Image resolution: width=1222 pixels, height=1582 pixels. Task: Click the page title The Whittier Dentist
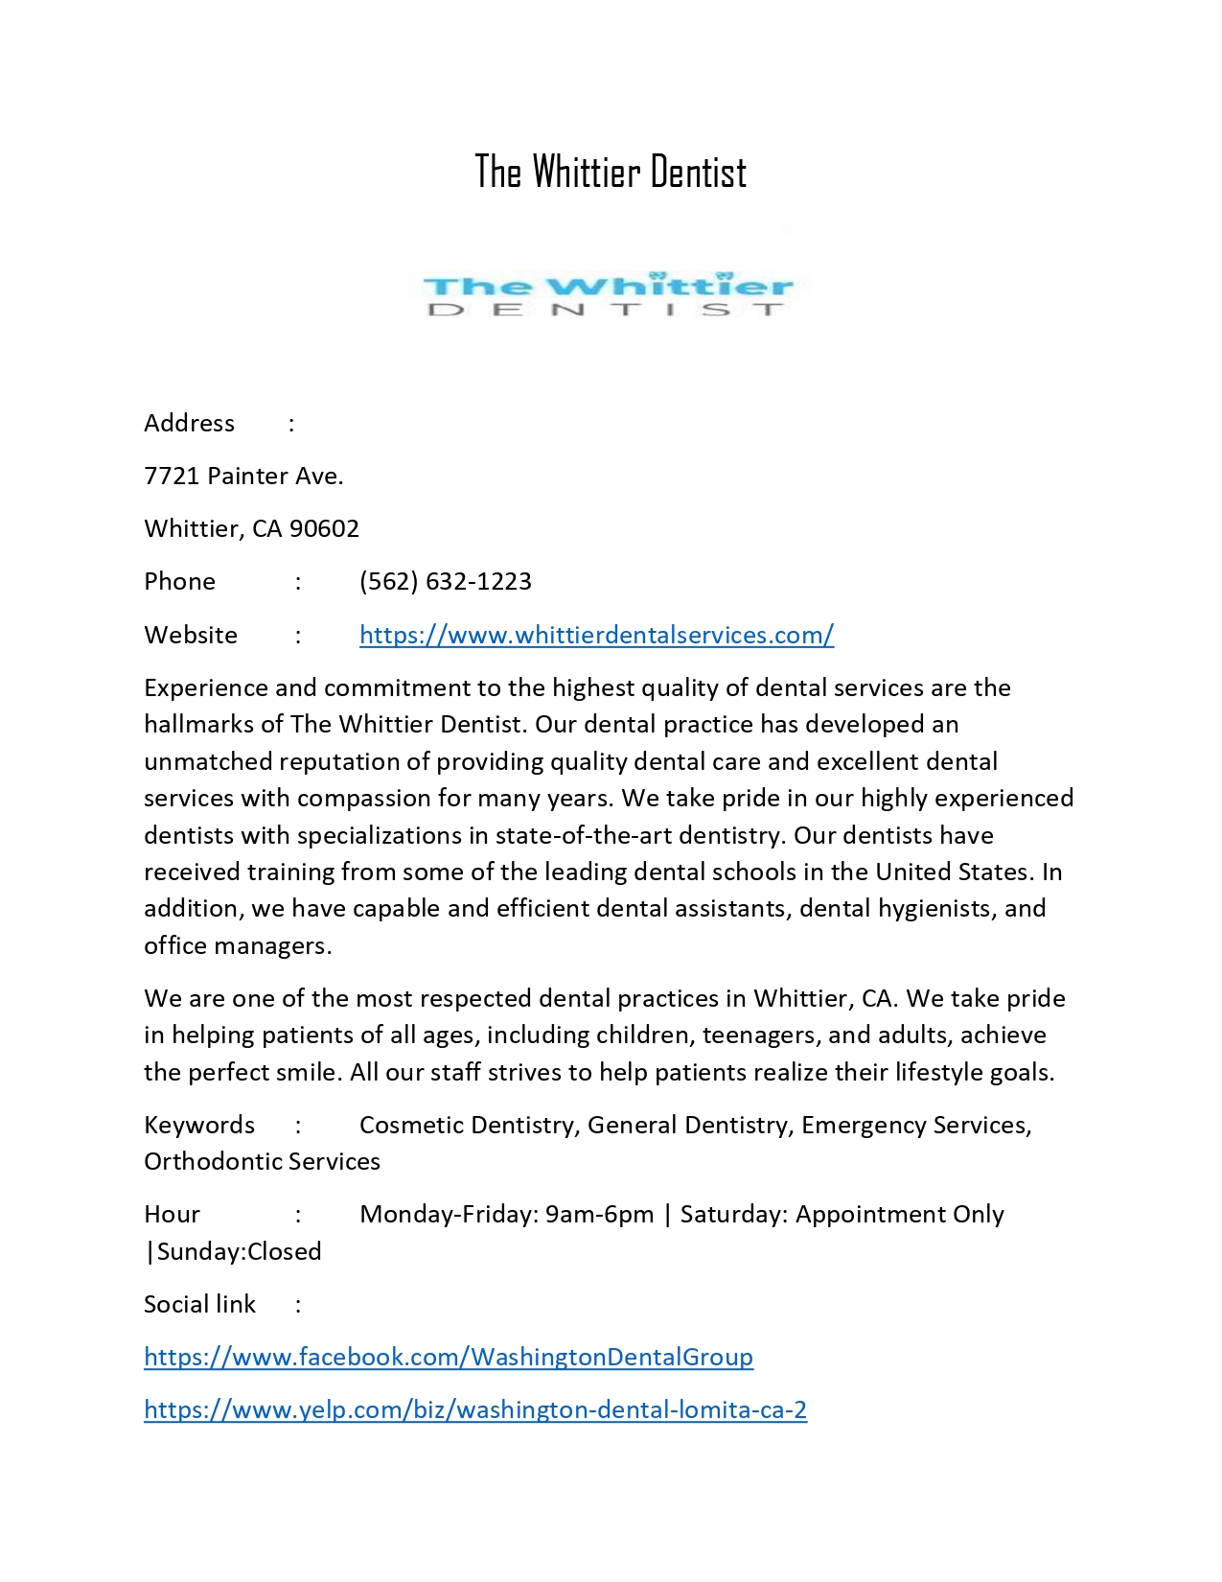(x=611, y=173)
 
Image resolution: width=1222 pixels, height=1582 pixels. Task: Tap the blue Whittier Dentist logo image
(x=609, y=293)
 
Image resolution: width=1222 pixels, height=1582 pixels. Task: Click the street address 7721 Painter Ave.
(x=243, y=476)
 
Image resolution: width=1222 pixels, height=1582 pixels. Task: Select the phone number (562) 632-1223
(x=445, y=581)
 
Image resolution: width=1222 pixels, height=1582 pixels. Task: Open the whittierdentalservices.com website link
(x=596, y=635)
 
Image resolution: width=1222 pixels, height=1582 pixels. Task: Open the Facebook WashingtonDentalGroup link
(x=448, y=1357)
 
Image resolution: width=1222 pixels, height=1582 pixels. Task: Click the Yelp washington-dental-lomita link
(x=474, y=1409)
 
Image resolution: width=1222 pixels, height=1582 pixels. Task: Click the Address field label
(x=189, y=423)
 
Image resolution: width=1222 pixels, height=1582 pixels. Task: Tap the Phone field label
(x=179, y=581)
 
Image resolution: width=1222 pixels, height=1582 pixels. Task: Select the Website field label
(x=191, y=635)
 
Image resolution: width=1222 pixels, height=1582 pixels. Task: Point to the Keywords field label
(x=199, y=1125)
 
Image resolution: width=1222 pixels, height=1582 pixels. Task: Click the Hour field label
(x=172, y=1214)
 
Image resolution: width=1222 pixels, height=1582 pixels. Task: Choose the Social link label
(x=199, y=1304)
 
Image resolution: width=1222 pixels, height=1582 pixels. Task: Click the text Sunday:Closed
(x=239, y=1251)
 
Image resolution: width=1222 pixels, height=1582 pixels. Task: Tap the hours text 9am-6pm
(x=599, y=1214)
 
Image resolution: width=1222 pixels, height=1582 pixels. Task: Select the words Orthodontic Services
(x=262, y=1161)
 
